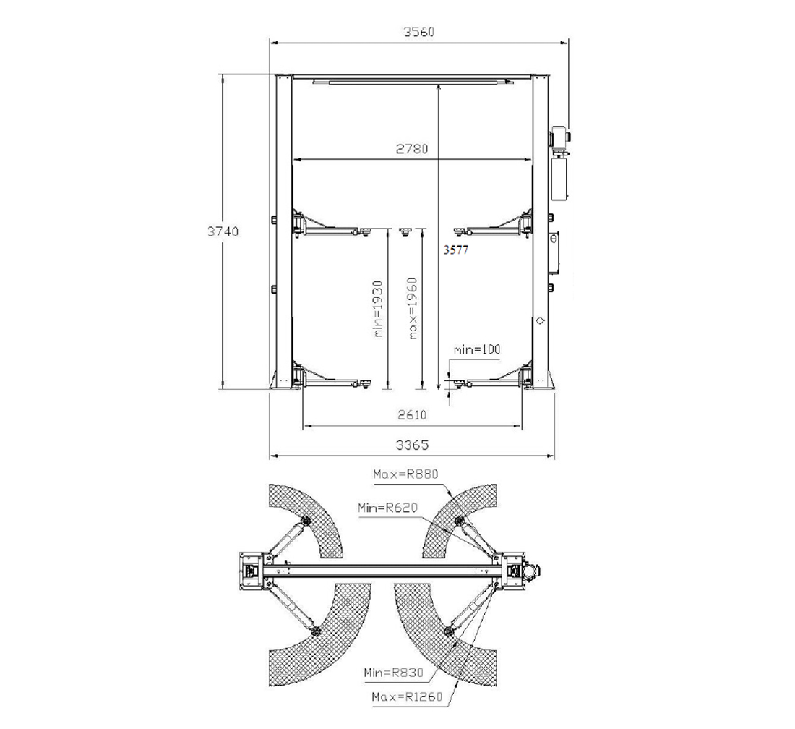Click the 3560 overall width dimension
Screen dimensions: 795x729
[x=418, y=31]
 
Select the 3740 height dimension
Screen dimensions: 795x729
[x=223, y=231]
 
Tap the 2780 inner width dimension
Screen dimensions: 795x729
[x=412, y=149]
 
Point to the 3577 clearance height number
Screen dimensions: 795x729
[x=456, y=250]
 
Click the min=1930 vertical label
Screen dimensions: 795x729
[x=377, y=309]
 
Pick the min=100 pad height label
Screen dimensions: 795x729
[x=476, y=349]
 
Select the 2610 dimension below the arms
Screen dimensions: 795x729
[x=412, y=415]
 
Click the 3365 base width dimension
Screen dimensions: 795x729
[x=412, y=445]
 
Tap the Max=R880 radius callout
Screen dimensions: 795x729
[x=405, y=474]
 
